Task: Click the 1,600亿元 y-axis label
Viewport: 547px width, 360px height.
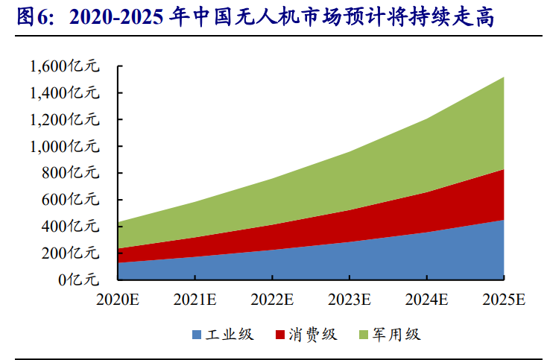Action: pos(64,66)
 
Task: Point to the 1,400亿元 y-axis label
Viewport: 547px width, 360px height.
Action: pos(64,93)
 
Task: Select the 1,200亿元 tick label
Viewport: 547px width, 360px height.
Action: pos(64,119)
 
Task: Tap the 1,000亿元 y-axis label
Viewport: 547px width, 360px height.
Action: pos(64,146)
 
